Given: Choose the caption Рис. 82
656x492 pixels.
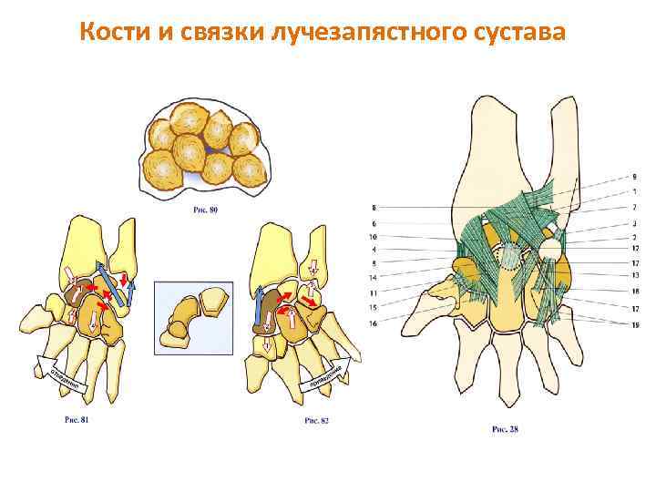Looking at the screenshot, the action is [314, 421].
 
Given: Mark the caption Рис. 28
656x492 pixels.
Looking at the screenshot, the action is [504, 428].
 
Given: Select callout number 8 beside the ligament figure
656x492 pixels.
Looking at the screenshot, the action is [374, 209].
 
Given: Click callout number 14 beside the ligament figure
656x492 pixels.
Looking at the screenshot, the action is [374, 277].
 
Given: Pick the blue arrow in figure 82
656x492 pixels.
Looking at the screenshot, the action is [259, 309].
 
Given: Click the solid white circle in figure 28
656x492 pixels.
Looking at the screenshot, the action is [549, 248].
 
